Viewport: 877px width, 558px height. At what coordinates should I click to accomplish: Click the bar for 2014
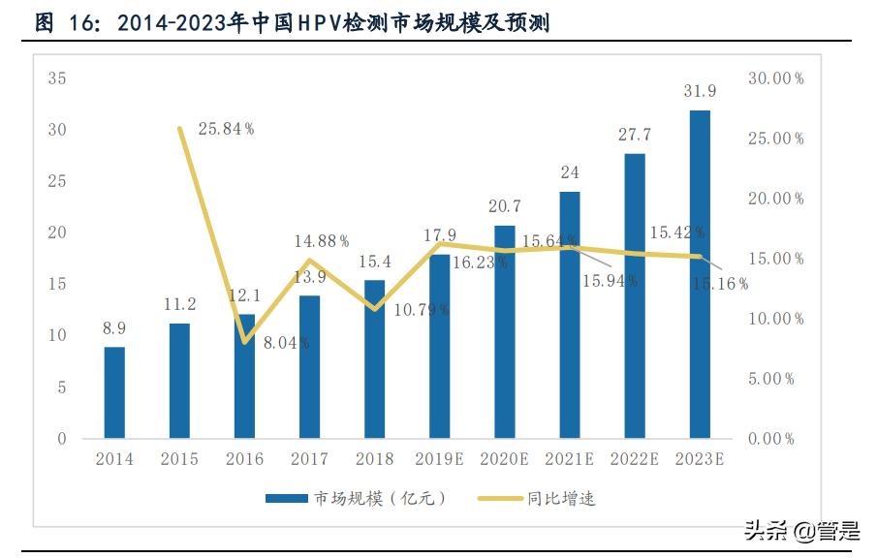[114, 392]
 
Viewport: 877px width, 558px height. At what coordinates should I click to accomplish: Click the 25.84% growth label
[225, 129]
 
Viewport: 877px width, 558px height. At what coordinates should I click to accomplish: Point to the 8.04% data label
[287, 341]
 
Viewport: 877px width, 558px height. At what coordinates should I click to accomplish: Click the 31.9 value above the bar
[700, 92]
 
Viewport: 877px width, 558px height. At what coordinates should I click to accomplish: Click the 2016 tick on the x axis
[244, 460]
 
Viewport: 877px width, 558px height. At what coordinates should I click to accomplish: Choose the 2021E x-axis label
[569, 460]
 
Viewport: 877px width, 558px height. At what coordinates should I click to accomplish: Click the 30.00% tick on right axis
[776, 78]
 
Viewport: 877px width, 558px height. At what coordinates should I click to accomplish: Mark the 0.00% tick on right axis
[772, 439]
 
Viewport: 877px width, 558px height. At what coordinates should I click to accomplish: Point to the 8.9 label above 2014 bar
[114, 328]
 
